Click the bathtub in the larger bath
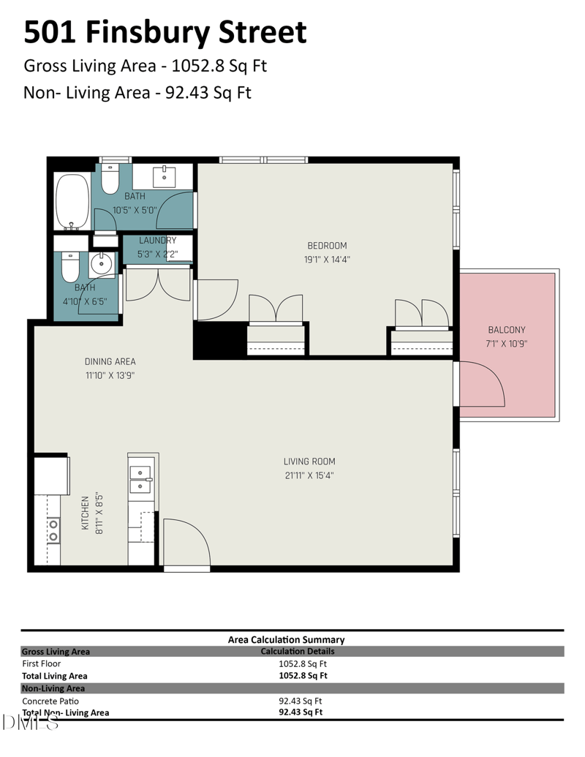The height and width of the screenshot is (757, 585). coord(73,202)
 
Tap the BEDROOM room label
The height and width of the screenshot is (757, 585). coord(328,246)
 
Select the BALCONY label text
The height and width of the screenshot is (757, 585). coord(506,330)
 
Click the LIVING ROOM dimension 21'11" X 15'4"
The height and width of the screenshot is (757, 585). coord(309,475)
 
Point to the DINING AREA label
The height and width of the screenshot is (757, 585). coord(110,361)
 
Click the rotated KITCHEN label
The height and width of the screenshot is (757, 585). coord(86,513)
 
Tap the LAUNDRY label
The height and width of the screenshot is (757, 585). coord(158,241)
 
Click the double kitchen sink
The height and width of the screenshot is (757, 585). coord(141,479)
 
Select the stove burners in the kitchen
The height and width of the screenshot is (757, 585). coord(53,530)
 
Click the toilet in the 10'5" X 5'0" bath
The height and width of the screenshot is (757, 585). coord(110,178)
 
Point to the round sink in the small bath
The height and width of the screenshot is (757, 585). coord(102,263)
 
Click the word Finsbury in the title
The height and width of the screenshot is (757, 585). coord(148,33)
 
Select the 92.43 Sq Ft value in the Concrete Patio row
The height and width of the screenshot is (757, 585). coord(301,701)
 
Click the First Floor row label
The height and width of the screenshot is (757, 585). coord(42,664)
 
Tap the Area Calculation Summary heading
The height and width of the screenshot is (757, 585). coord(286,640)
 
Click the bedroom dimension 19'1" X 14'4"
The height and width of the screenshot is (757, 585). coord(328,260)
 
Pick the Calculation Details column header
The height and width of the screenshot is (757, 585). coord(298,651)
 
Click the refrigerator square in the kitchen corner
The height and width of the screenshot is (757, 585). coord(51,475)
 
